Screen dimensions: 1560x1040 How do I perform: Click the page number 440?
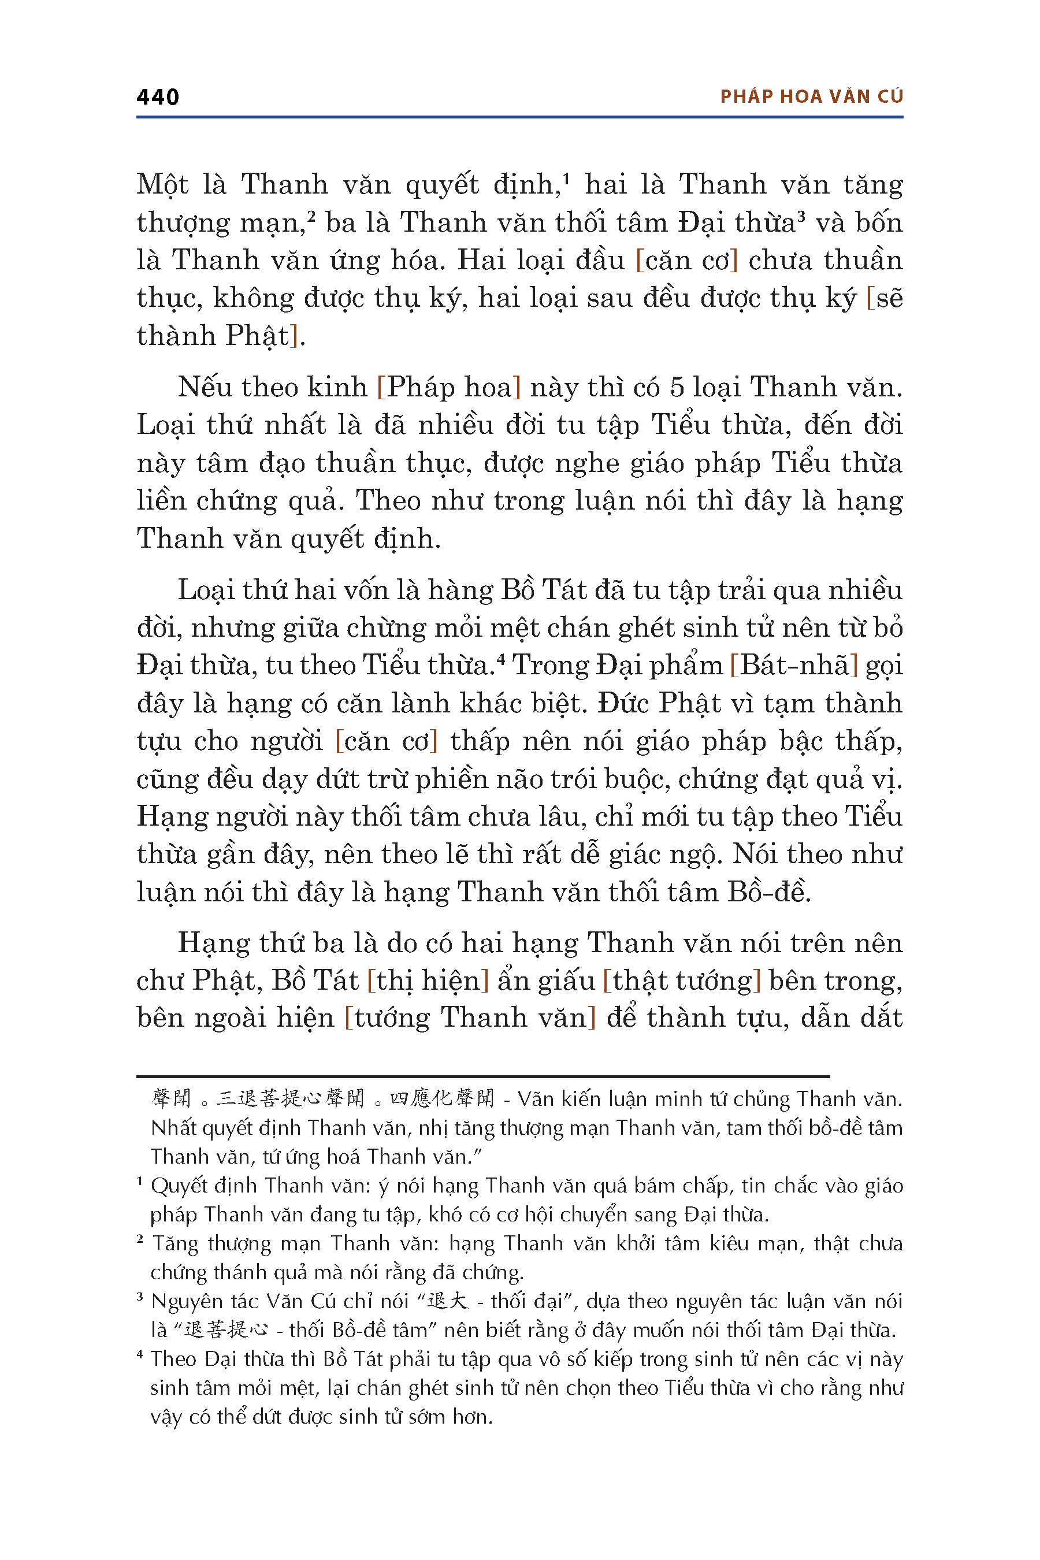coord(157,97)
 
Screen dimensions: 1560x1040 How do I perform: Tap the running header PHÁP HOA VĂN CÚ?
coord(811,97)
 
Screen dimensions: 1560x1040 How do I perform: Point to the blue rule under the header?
coord(519,117)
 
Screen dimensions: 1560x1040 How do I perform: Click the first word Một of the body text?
coord(162,184)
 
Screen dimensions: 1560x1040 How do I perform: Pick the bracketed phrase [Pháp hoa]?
coord(448,387)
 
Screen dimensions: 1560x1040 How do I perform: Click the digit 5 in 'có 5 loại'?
coord(676,387)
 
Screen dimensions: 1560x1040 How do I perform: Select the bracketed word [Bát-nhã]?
coord(794,664)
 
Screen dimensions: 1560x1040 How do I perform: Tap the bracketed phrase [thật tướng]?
coord(681,980)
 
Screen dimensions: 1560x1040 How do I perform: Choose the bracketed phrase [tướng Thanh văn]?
coord(470,1018)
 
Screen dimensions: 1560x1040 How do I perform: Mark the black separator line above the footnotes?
coord(483,1076)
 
